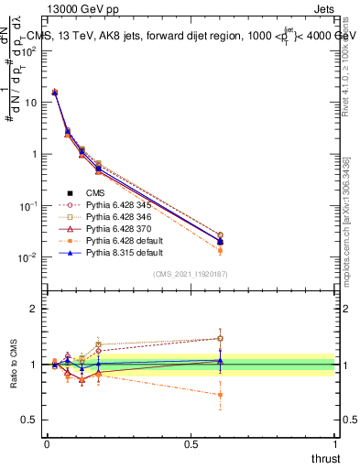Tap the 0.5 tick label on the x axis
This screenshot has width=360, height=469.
191,442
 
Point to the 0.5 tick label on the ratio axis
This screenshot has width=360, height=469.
29,420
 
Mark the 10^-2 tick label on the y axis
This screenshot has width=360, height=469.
27,257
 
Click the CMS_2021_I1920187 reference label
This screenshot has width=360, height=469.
190,274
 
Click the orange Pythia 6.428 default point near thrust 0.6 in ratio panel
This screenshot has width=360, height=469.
219,395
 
